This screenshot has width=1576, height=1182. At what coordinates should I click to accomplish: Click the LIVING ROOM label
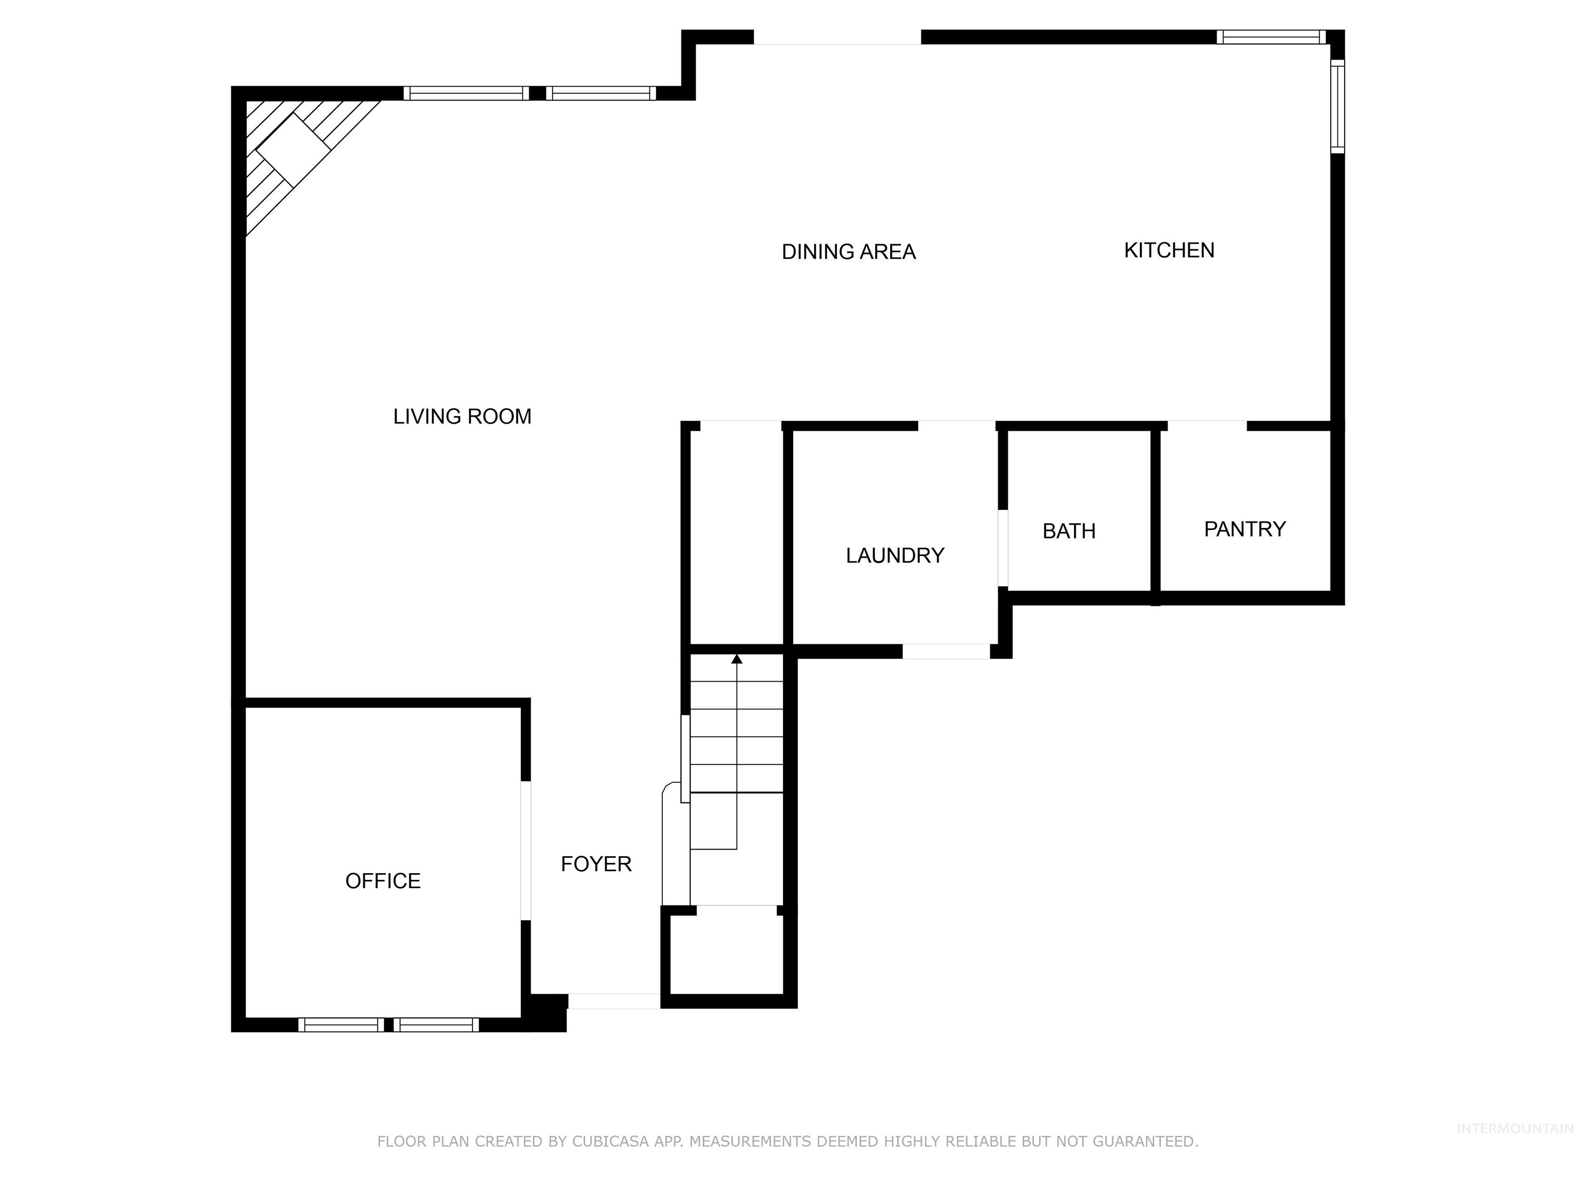pos(462,417)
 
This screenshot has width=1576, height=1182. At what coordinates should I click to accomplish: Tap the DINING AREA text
pos(848,252)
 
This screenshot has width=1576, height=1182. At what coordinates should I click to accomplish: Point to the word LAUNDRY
pos(895,556)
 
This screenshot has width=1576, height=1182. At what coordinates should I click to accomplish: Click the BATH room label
pos(1069,531)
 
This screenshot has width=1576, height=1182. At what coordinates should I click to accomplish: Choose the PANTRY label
pos(1245,529)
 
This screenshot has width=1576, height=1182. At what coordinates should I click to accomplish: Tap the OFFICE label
pos(383,881)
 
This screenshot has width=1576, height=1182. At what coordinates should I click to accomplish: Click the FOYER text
pos(596,864)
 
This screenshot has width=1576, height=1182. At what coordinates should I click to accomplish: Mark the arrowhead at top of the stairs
pos(737,659)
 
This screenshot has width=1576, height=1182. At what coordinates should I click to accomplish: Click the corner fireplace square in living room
pos(293,150)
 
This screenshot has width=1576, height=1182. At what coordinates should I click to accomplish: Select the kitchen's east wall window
pos(1337,107)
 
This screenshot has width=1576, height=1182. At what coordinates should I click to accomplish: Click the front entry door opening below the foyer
pos(614,1001)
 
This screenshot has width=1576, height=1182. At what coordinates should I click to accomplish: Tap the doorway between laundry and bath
pos(1002,548)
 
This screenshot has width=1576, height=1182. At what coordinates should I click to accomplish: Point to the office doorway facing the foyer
pos(526,851)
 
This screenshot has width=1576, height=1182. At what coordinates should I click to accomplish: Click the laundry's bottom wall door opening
pos(946,651)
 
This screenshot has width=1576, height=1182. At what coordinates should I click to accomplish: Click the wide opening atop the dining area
pos(837,38)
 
